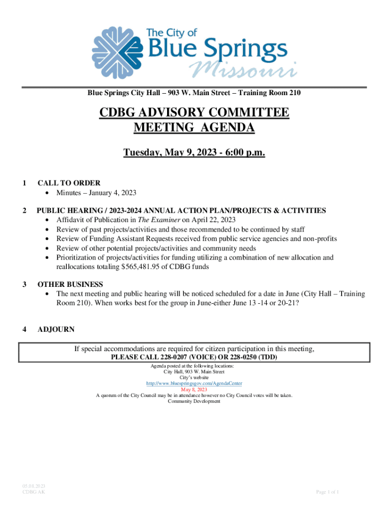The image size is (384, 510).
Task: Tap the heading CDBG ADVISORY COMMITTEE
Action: tap(194, 113)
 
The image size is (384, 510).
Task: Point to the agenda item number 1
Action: tap(25, 183)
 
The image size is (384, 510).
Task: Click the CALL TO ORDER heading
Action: tap(69, 183)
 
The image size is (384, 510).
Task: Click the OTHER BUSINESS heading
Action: tap(70, 284)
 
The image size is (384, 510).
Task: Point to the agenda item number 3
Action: tap(25, 284)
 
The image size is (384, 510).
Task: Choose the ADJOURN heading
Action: tap(56, 329)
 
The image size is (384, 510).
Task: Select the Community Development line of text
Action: tap(194, 401)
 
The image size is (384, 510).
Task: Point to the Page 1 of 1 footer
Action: tap(328, 492)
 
